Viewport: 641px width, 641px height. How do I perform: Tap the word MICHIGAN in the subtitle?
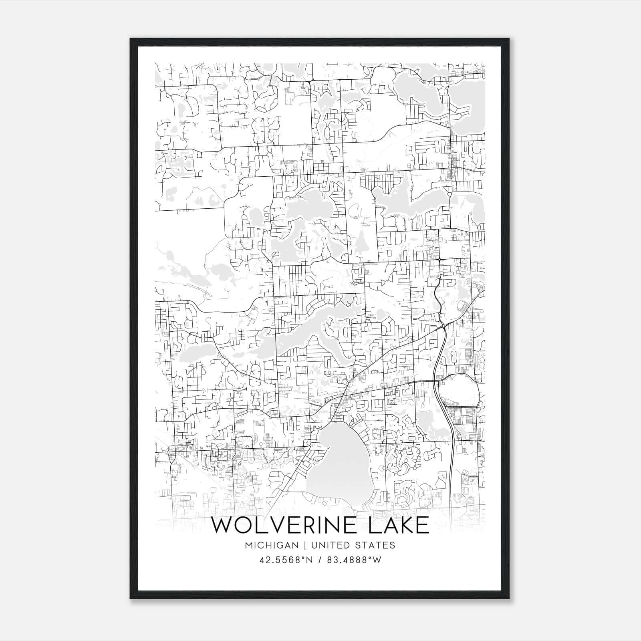click(x=272, y=545)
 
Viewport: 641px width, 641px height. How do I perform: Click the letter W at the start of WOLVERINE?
click(x=220, y=525)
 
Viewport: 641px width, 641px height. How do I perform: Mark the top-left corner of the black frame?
click(x=130, y=39)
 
